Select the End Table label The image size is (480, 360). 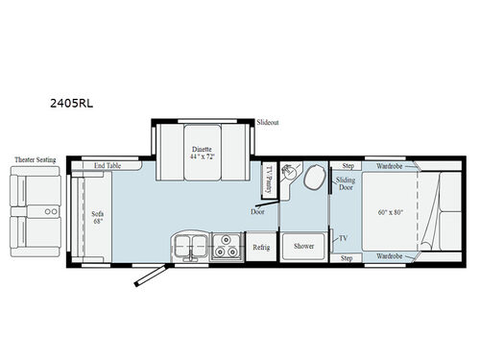pos(108,166)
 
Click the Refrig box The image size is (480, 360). pos(261,247)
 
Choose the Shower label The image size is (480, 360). pos(304,246)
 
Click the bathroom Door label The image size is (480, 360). pos(258,211)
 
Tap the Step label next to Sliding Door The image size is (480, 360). pos(348,166)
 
